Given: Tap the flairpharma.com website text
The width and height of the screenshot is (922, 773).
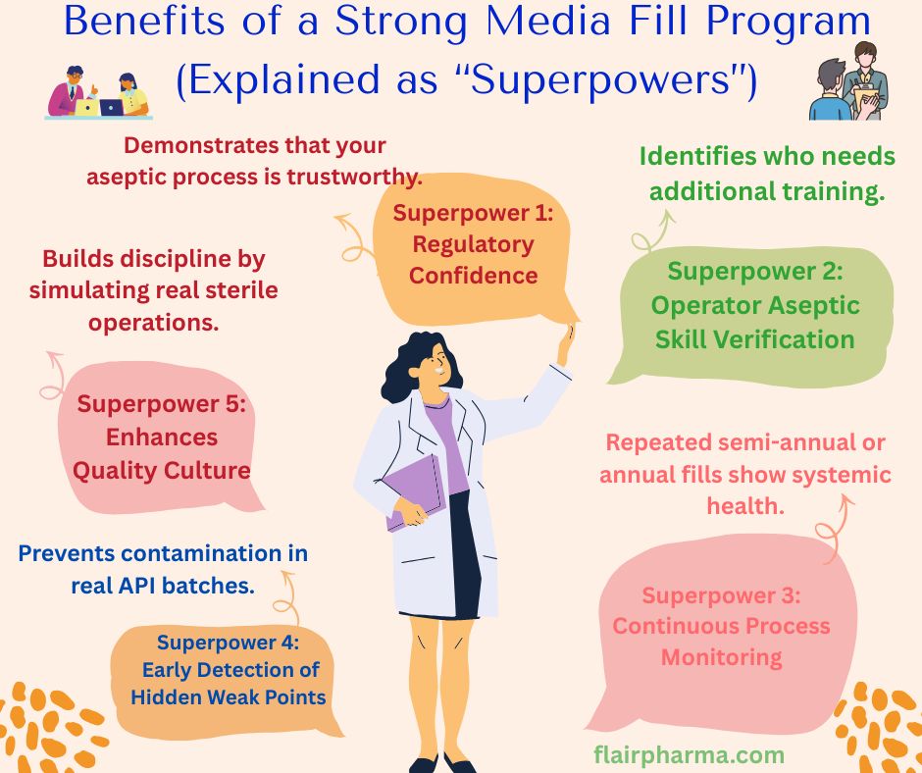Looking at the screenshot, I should point(689,755).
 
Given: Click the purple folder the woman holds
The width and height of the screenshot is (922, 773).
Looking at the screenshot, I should point(413,490).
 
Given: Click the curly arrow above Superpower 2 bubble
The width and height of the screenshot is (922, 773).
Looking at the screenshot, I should point(648,232).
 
